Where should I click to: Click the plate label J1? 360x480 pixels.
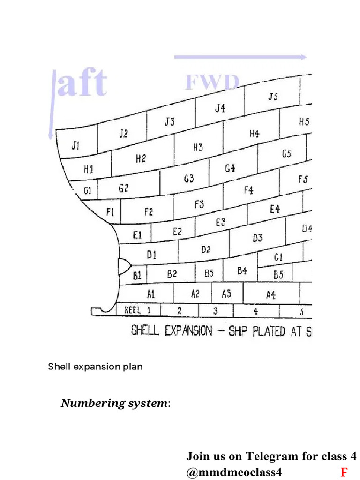click(75, 145)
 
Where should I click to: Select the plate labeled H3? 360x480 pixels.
click(198, 147)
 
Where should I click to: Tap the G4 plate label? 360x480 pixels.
click(230, 168)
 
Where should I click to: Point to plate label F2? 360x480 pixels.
click(149, 212)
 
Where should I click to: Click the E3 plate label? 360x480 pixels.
click(220, 223)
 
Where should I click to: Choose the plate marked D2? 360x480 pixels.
click(206, 249)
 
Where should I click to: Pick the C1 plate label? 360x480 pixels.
click(278, 257)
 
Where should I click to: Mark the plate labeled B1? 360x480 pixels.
click(137, 276)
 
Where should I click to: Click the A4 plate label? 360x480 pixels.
click(271, 295)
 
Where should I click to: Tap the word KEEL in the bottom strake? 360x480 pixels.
click(133, 310)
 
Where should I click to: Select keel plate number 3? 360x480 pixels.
click(215, 311)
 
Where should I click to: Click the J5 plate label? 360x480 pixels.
click(273, 97)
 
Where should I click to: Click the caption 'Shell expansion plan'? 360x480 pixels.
click(95, 367)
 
